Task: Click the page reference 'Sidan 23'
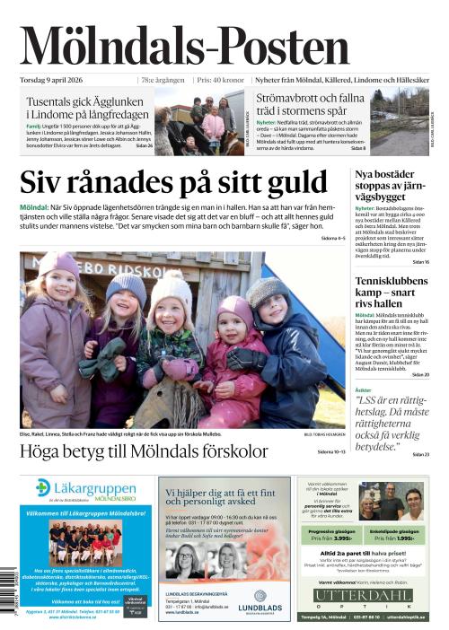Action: point(420,455)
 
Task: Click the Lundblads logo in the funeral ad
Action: point(260,597)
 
